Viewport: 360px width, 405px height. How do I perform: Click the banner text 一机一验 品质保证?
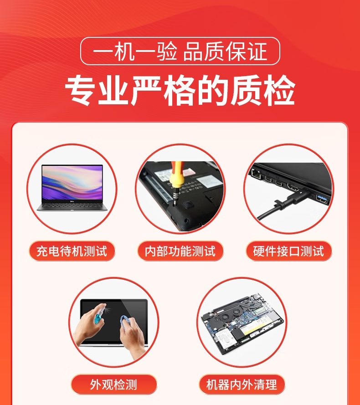pyautogui.click(x=180, y=51)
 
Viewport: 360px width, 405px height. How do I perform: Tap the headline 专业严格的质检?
pyautogui.click(x=180, y=90)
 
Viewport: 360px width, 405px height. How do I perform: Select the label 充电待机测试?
pyautogui.click(x=72, y=251)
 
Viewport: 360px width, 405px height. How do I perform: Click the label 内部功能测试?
pyautogui.click(x=180, y=251)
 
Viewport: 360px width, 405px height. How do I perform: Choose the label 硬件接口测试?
pyautogui.click(x=288, y=251)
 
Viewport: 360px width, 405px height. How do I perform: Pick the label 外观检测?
pyautogui.click(x=114, y=384)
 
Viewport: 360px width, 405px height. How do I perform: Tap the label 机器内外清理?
pyautogui.click(x=242, y=384)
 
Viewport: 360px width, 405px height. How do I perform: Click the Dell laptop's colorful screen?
pyautogui.click(x=72, y=183)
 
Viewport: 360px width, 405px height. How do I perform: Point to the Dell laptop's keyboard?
pyautogui.click(x=72, y=206)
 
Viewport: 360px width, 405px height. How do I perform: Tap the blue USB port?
pyautogui.click(x=323, y=200)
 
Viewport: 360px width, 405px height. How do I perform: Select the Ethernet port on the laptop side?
pyautogui.click(x=257, y=174)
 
